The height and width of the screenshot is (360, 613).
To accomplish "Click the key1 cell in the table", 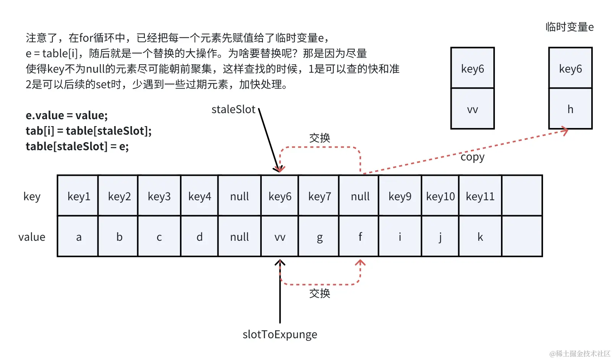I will coord(79,196).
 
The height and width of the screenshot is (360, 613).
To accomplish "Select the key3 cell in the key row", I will coord(159,196).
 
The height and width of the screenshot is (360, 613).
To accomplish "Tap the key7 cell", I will coord(319,196).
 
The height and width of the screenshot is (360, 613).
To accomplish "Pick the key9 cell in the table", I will coord(400,196).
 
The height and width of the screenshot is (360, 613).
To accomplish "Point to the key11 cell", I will coord(480,196).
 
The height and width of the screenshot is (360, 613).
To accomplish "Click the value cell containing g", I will coord(319,237).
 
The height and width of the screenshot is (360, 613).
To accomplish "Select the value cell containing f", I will coord(360,237).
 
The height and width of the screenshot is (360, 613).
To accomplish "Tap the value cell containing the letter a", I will coord(79,237).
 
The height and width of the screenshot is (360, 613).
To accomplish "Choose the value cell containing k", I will coord(480,237).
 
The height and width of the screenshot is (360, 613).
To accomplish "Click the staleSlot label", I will coord(233,109).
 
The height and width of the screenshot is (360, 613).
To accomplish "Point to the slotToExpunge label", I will coord(280,334).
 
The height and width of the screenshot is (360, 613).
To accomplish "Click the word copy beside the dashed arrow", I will coord(472,157).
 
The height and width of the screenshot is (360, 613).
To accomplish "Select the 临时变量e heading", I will coord(569,27).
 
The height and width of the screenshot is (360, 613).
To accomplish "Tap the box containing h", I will coord(570,109).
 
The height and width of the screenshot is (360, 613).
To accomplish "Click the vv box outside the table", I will coord(472,109).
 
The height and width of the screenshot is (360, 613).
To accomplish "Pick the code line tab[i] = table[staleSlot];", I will coord(89,131).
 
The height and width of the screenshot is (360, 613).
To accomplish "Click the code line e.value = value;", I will coord(66,115).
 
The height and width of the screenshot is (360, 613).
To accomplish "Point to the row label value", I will coord(32,237).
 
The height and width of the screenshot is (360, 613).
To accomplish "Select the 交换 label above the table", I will coord(319,138).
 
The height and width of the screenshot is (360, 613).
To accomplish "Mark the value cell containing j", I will coord(440,237).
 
